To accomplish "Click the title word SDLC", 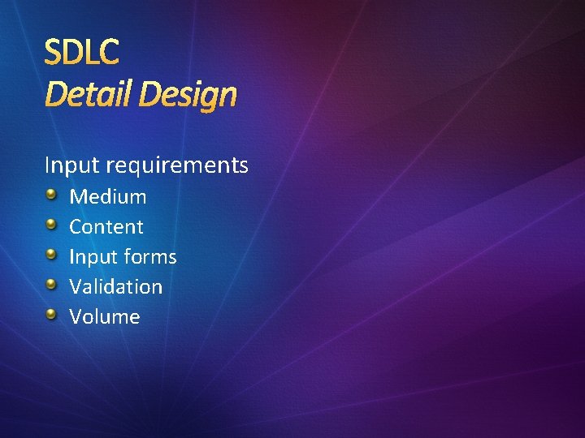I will tap(81, 53).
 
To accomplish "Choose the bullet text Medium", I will tap(108, 196).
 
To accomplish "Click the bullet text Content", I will tap(106, 226).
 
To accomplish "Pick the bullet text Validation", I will tap(115, 286).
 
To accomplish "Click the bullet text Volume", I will tap(104, 316).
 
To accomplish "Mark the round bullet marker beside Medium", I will tap(51, 195).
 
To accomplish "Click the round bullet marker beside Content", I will tap(51, 225).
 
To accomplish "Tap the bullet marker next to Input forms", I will tap(51, 255).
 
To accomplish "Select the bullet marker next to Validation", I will tap(51, 285).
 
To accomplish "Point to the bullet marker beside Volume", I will tap(51, 315).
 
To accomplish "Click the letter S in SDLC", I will tap(53, 53).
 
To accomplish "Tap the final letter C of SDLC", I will tap(110, 53).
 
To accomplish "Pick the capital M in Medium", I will tap(78, 196).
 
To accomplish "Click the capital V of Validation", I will tap(76, 286).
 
